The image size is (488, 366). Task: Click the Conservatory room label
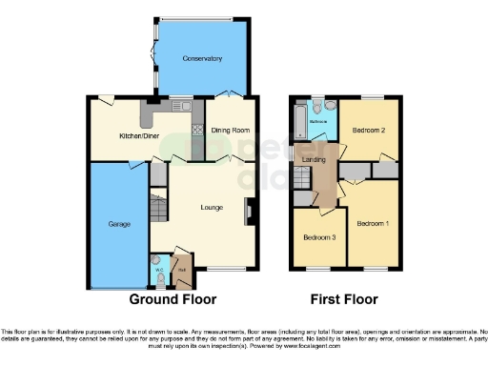(203, 58)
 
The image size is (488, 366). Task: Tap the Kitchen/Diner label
(137, 136)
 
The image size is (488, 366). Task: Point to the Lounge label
(212, 206)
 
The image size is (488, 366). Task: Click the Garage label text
(118, 224)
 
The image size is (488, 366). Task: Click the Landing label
(315, 159)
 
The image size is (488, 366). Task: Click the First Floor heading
(344, 298)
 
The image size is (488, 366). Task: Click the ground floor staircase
(159, 205)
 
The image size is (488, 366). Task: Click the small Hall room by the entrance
(181, 270)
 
